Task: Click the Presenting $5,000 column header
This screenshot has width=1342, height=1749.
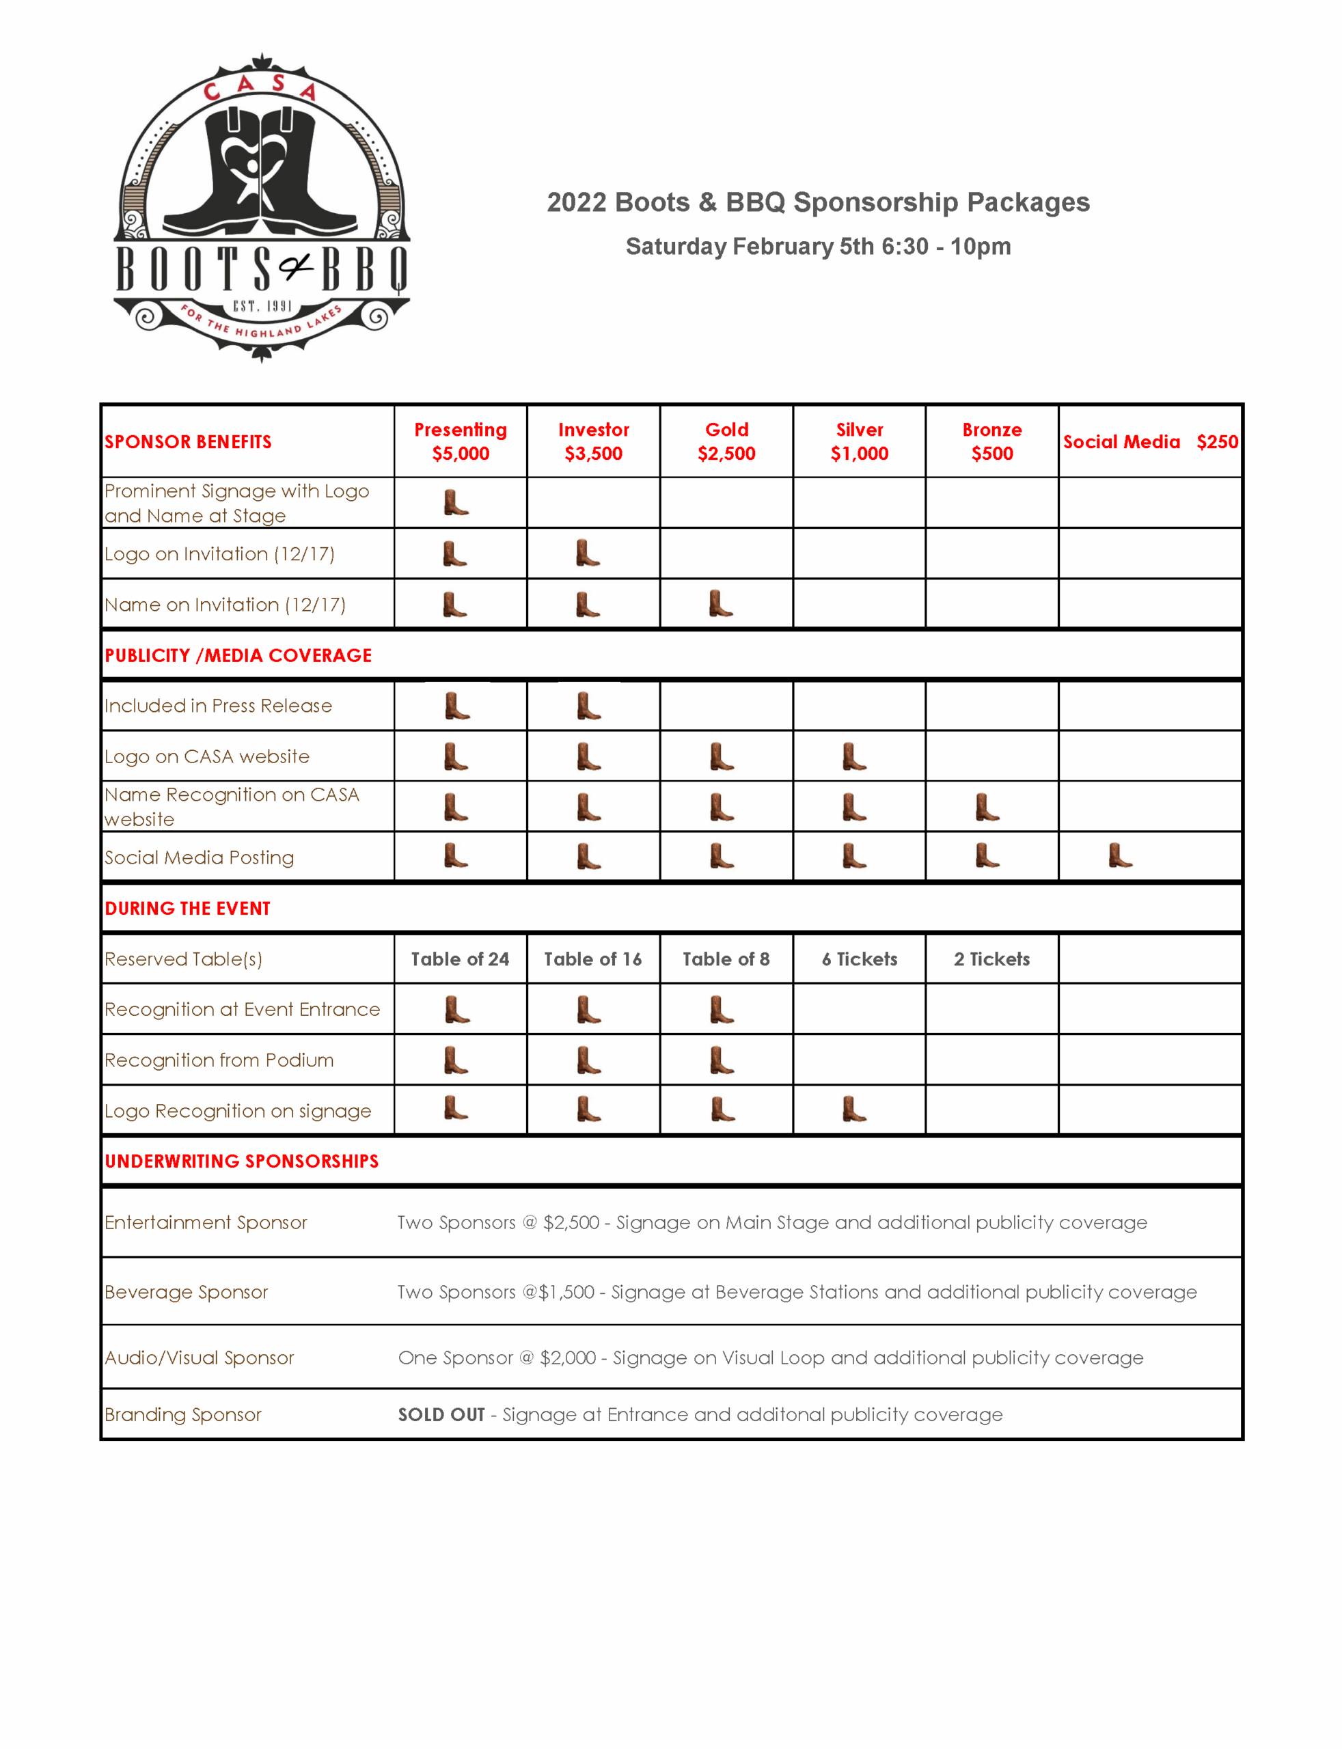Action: (460, 441)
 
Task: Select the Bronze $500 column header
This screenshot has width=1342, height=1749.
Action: (991, 441)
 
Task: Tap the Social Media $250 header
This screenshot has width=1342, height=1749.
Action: (1149, 441)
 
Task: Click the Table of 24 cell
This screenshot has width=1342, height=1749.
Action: (460, 959)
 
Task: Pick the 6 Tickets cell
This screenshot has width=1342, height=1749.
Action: (860, 959)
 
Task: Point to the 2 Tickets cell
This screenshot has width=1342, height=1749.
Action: (991, 959)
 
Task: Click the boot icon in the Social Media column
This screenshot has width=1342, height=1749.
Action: (1120, 855)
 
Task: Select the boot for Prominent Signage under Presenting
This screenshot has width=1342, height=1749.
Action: (456, 502)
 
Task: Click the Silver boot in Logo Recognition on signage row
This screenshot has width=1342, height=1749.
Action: (854, 1109)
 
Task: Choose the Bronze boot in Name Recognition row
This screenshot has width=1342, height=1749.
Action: (987, 807)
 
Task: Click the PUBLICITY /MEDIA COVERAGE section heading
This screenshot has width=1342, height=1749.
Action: (238, 655)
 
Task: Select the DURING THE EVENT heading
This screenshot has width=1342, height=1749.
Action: (188, 908)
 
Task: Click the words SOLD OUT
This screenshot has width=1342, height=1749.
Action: (441, 1414)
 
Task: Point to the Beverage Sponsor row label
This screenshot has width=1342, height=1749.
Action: (186, 1291)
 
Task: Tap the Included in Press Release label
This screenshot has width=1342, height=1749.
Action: (218, 705)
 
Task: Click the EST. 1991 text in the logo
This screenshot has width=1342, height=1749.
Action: (262, 306)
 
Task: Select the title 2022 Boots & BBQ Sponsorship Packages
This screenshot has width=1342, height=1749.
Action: (818, 202)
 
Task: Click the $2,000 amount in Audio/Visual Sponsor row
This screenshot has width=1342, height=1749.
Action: (568, 1358)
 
